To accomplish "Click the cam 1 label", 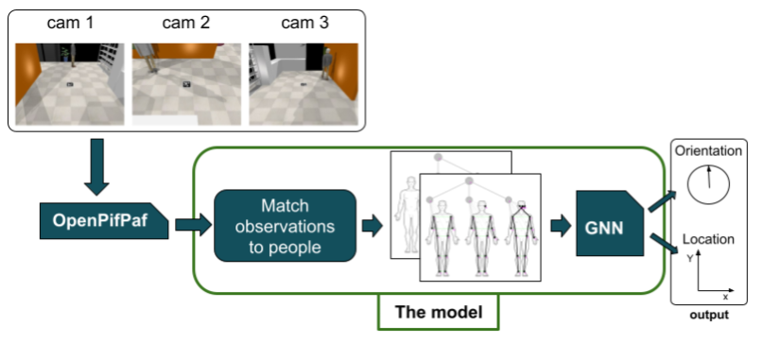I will point(70,24).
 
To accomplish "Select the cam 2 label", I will point(185,24).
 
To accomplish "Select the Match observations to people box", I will point(285,226).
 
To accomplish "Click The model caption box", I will point(437,312).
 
